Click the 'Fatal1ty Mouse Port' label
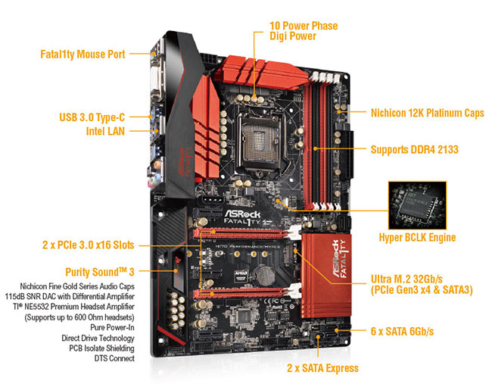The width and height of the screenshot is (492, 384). pyautogui.click(x=83, y=54)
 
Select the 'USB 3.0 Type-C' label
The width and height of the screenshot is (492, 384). pyautogui.click(x=92, y=117)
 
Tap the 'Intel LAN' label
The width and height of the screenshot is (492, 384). pyautogui.click(x=105, y=131)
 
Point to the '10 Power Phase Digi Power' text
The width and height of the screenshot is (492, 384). pyautogui.click(x=304, y=31)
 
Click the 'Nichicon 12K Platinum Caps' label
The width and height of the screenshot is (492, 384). pyautogui.click(x=428, y=113)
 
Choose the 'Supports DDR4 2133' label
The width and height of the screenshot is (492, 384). pyautogui.click(x=415, y=149)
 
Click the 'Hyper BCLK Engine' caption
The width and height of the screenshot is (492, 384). pyautogui.click(x=417, y=237)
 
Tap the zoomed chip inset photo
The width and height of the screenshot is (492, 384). pyautogui.click(x=417, y=205)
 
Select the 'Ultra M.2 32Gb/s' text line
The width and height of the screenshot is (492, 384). pyautogui.click(x=406, y=279)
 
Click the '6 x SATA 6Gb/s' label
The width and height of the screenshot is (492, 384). pyautogui.click(x=402, y=331)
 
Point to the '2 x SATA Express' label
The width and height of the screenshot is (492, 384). pyautogui.click(x=322, y=368)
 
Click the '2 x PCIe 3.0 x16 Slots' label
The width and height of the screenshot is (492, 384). pyautogui.click(x=88, y=245)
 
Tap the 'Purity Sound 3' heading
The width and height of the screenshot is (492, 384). pyautogui.click(x=100, y=272)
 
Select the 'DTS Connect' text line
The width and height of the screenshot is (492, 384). pyautogui.click(x=114, y=358)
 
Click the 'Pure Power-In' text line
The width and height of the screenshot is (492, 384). pyautogui.click(x=112, y=327)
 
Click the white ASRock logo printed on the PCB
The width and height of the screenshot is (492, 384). pyautogui.click(x=242, y=214)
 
